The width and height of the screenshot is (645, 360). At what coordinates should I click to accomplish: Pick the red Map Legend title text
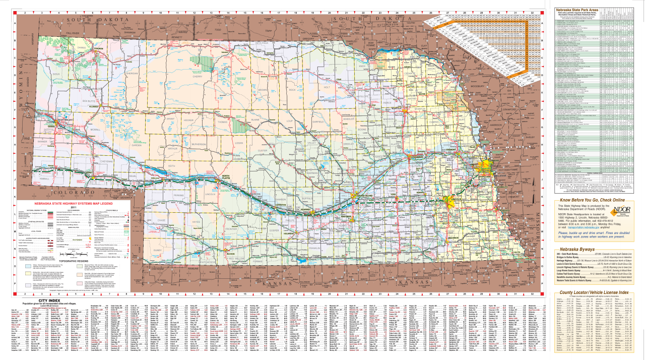pyautogui.click(x=74, y=203)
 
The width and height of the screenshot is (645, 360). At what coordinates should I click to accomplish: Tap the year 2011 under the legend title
pyautogui.click(x=73, y=207)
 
